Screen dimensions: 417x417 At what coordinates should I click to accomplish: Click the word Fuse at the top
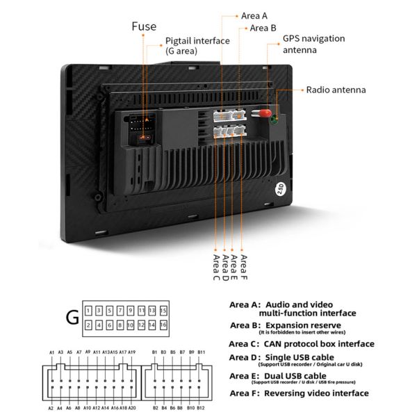tap(145, 26)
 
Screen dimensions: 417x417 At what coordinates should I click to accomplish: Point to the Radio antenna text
tap(336, 90)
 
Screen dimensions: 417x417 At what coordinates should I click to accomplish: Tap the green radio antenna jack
tap(275, 119)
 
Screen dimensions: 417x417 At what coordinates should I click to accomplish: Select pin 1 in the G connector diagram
tap(88, 309)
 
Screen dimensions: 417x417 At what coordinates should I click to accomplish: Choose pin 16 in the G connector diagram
tap(163, 325)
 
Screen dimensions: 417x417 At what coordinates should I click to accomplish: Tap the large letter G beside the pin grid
tap(72, 318)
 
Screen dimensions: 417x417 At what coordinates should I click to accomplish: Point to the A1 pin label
tap(51, 352)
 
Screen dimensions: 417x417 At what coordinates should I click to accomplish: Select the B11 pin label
tap(202, 352)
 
